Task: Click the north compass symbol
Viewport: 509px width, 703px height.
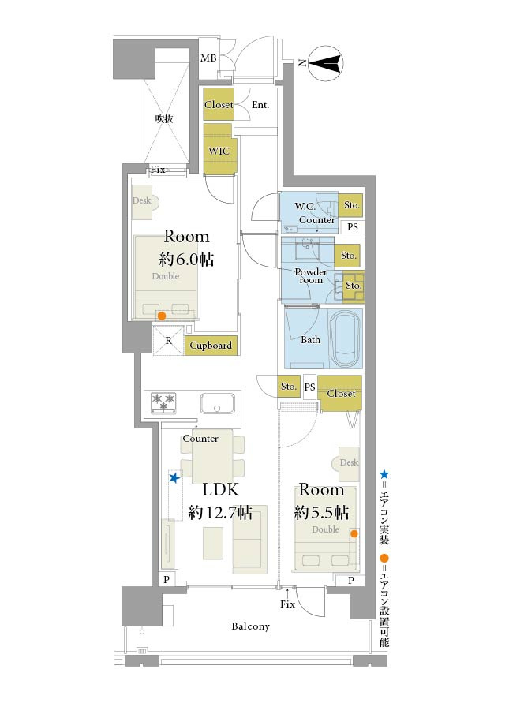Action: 326,63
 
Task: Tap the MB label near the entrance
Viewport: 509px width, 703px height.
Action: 208,58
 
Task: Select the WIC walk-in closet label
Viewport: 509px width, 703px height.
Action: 219,151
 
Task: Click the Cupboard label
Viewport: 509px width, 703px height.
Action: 211,346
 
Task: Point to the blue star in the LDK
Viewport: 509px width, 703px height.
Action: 174,478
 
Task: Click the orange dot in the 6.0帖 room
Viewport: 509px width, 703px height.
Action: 162,316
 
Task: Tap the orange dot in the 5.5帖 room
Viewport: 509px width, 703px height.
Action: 354,533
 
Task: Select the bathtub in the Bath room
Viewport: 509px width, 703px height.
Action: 344,334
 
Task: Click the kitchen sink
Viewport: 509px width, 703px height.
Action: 217,403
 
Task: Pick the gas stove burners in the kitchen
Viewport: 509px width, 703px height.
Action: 163,402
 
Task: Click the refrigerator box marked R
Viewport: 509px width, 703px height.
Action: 169,341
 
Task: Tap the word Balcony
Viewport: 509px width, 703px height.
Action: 251,626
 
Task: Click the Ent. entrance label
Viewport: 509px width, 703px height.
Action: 260,105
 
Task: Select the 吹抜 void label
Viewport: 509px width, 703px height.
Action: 164,119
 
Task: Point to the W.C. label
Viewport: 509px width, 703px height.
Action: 305,206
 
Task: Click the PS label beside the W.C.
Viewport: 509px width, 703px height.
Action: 353,227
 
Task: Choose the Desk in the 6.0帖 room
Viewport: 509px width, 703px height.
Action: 143,203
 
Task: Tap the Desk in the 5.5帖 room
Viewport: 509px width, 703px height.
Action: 346,464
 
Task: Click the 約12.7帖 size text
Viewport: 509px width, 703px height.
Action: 220,512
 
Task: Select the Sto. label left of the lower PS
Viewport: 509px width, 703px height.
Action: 288,387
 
